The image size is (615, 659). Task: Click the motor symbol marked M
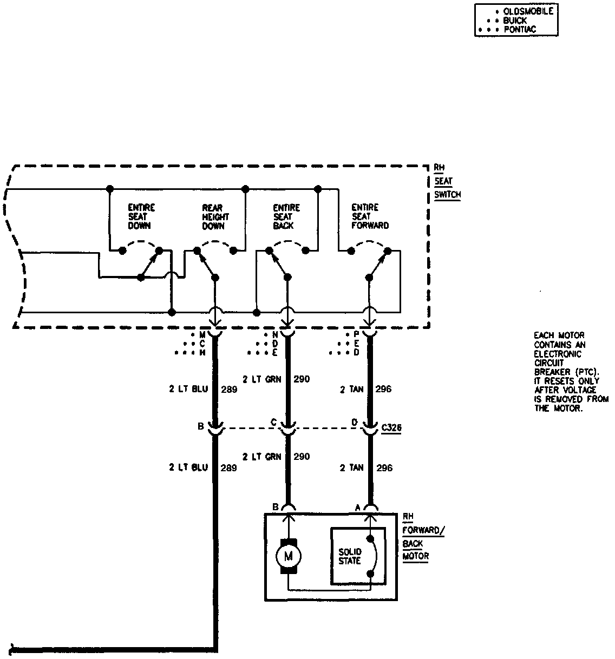click(x=288, y=555)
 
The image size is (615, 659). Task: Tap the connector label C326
click(x=391, y=428)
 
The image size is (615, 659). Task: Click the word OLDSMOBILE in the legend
click(x=528, y=11)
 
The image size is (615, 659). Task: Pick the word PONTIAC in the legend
click(x=520, y=30)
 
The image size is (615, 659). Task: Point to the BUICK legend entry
click(x=515, y=21)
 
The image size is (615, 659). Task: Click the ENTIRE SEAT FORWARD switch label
click(x=370, y=216)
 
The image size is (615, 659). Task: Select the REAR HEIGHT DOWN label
click(x=215, y=216)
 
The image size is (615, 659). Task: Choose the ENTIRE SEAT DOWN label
click(x=141, y=216)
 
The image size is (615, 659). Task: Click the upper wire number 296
click(x=383, y=389)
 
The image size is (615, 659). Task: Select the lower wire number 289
click(x=228, y=468)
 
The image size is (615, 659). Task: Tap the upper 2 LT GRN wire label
click(x=262, y=379)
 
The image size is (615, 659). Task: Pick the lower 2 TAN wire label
click(x=351, y=467)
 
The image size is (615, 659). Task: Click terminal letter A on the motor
click(x=357, y=508)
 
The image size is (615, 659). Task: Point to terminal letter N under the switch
click(x=274, y=335)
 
